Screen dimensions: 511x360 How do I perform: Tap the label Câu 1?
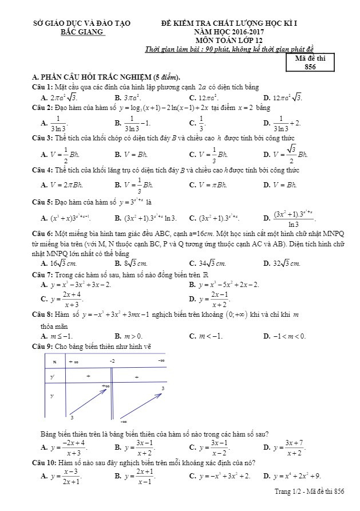42,87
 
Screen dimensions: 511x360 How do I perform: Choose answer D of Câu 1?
283,97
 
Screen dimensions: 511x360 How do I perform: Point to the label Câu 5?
42,202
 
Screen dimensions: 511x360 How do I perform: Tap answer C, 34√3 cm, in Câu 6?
208,264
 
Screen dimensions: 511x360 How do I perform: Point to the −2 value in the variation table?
113,361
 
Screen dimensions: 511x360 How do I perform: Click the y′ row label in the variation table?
53,376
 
